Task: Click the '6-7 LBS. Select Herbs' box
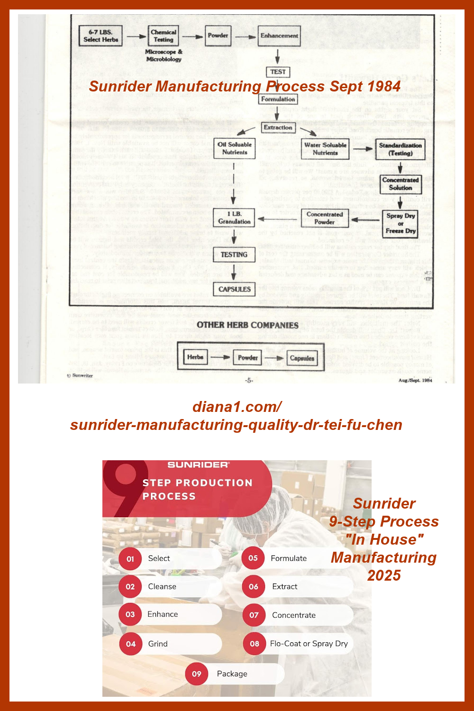pyautogui.click(x=100, y=36)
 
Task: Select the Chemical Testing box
pyautogui.click(x=164, y=36)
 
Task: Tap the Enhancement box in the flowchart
pyautogui.click(x=279, y=36)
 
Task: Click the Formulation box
pyautogui.click(x=278, y=99)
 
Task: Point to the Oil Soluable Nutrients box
pyautogui.click(x=235, y=148)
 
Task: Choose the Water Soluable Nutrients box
pyautogui.click(x=325, y=149)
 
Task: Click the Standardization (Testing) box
pyautogui.click(x=400, y=149)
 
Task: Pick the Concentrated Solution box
pyautogui.click(x=400, y=184)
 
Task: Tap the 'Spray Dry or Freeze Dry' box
pyautogui.click(x=401, y=223)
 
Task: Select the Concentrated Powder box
pyautogui.click(x=325, y=218)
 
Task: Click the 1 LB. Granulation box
pyautogui.click(x=234, y=218)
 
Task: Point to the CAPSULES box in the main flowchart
pyautogui.click(x=234, y=289)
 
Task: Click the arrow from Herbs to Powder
pyautogui.click(x=220, y=357)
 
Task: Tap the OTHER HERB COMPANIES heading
pyautogui.click(x=247, y=325)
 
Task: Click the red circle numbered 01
pyautogui.click(x=130, y=559)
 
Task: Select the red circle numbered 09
pyautogui.click(x=197, y=674)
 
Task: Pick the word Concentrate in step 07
pyautogui.click(x=294, y=615)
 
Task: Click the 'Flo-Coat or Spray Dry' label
pyautogui.click(x=309, y=644)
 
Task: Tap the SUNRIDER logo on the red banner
pyautogui.click(x=198, y=465)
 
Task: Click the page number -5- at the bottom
pyautogui.click(x=249, y=380)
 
